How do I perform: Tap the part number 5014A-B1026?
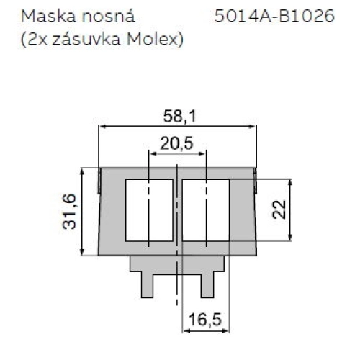pyautogui.click(x=275, y=15)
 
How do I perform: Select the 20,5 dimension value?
pyautogui.click(x=176, y=143)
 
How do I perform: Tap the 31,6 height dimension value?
pyautogui.click(x=69, y=212)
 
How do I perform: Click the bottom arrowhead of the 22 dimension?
pyautogui.click(x=290, y=240)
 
